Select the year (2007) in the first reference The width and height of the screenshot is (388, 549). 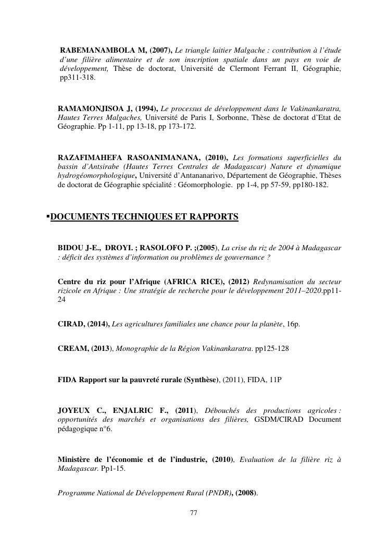point(156,50)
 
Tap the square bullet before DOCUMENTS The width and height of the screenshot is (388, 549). point(48,215)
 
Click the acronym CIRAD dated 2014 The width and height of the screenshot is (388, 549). point(69,324)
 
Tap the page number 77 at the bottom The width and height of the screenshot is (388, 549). point(194,513)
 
